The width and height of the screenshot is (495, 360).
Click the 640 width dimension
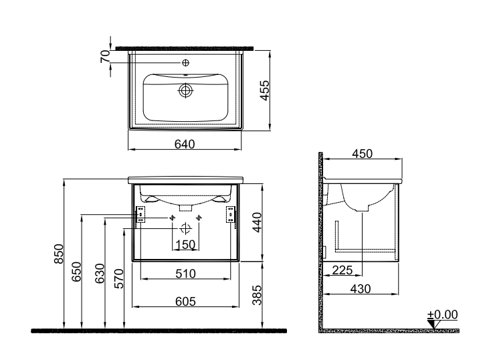click(185, 145)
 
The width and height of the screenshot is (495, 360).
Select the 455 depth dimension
click(264, 90)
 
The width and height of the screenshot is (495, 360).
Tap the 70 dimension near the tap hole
click(106, 56)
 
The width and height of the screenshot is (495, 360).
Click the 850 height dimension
click(59, 254)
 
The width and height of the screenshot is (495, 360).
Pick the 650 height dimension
click(76, 272)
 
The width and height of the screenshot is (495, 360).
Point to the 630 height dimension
click(100, 273)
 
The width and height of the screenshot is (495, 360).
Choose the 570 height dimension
click(119, 278)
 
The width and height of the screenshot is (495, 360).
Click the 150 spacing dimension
click(185, 245)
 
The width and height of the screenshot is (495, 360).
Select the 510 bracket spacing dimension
click(186, 274)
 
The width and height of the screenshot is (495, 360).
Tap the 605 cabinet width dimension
click(186, 302)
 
